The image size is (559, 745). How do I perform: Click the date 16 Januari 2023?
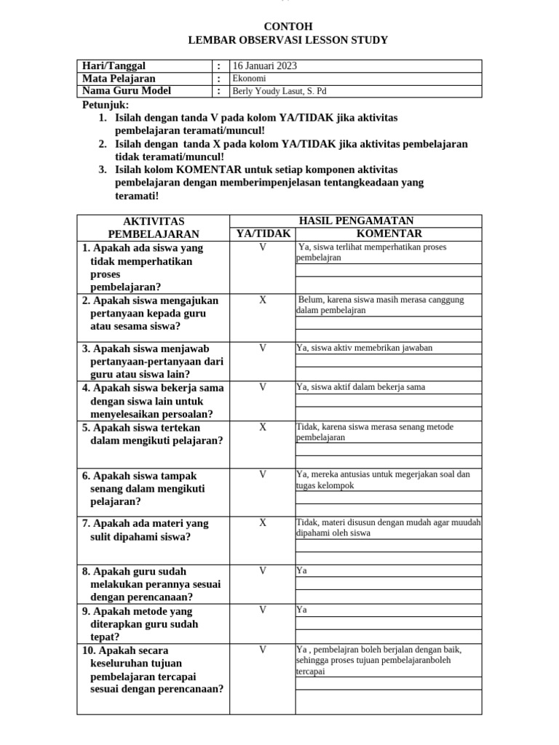(264, 66)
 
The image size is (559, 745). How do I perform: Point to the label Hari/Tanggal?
(114, 66)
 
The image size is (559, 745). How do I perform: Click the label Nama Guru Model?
(127, 91)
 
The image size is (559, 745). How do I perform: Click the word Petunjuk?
(105, 105)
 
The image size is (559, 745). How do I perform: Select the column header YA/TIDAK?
(263, 234)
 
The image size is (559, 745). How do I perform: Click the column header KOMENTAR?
(389, 234)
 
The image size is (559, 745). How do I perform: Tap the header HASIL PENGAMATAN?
(356, 220)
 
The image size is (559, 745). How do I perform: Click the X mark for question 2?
(263, 300)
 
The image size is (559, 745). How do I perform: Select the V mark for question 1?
(263, 247)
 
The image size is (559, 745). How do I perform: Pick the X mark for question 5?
(263, 427)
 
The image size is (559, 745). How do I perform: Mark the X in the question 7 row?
(263, 522)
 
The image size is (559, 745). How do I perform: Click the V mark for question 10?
(263, 649)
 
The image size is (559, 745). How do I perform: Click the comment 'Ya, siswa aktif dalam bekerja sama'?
(360, 387)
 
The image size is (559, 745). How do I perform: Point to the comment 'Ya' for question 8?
(301, 571)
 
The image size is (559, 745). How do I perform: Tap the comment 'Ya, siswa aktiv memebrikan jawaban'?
(364, 348)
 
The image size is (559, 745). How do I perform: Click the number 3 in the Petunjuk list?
(103, 170)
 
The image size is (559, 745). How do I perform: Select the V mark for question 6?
(263, 474)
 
